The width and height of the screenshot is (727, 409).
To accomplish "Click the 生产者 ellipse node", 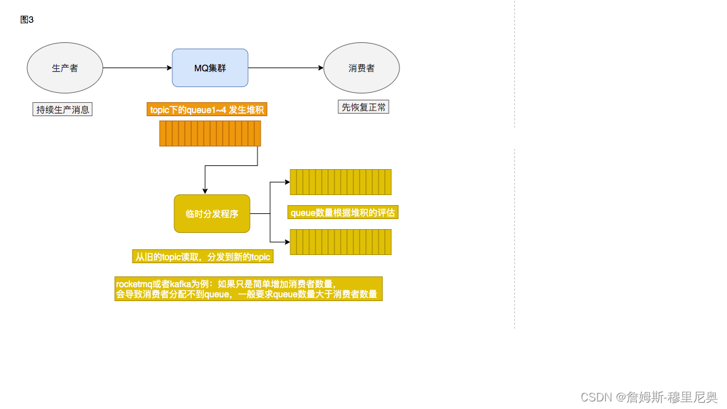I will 65,68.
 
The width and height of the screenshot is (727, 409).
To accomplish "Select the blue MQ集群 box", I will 210,68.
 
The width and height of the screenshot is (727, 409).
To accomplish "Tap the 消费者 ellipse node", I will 362,68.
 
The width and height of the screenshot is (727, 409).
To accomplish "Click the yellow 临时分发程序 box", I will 212,214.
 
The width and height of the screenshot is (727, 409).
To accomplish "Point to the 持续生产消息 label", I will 62,110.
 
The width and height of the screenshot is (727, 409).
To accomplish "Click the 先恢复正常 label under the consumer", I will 363,107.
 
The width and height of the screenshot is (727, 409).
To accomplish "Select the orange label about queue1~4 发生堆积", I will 208,110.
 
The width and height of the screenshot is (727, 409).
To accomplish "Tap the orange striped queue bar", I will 210,134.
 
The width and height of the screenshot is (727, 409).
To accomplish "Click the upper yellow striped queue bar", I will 341,182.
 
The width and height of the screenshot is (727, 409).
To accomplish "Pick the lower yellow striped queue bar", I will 341,242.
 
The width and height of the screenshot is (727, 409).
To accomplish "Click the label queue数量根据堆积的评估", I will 343,213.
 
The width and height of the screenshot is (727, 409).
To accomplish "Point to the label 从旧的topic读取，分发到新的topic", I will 203,256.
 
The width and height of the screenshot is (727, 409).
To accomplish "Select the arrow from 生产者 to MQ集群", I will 138,68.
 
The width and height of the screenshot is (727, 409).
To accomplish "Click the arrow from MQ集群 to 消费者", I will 286,68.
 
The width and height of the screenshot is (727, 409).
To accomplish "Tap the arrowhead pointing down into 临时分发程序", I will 204,191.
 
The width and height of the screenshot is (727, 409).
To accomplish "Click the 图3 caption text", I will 27,20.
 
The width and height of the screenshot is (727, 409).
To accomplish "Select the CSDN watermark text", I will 649,397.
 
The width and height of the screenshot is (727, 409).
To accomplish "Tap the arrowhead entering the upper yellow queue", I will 287,182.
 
